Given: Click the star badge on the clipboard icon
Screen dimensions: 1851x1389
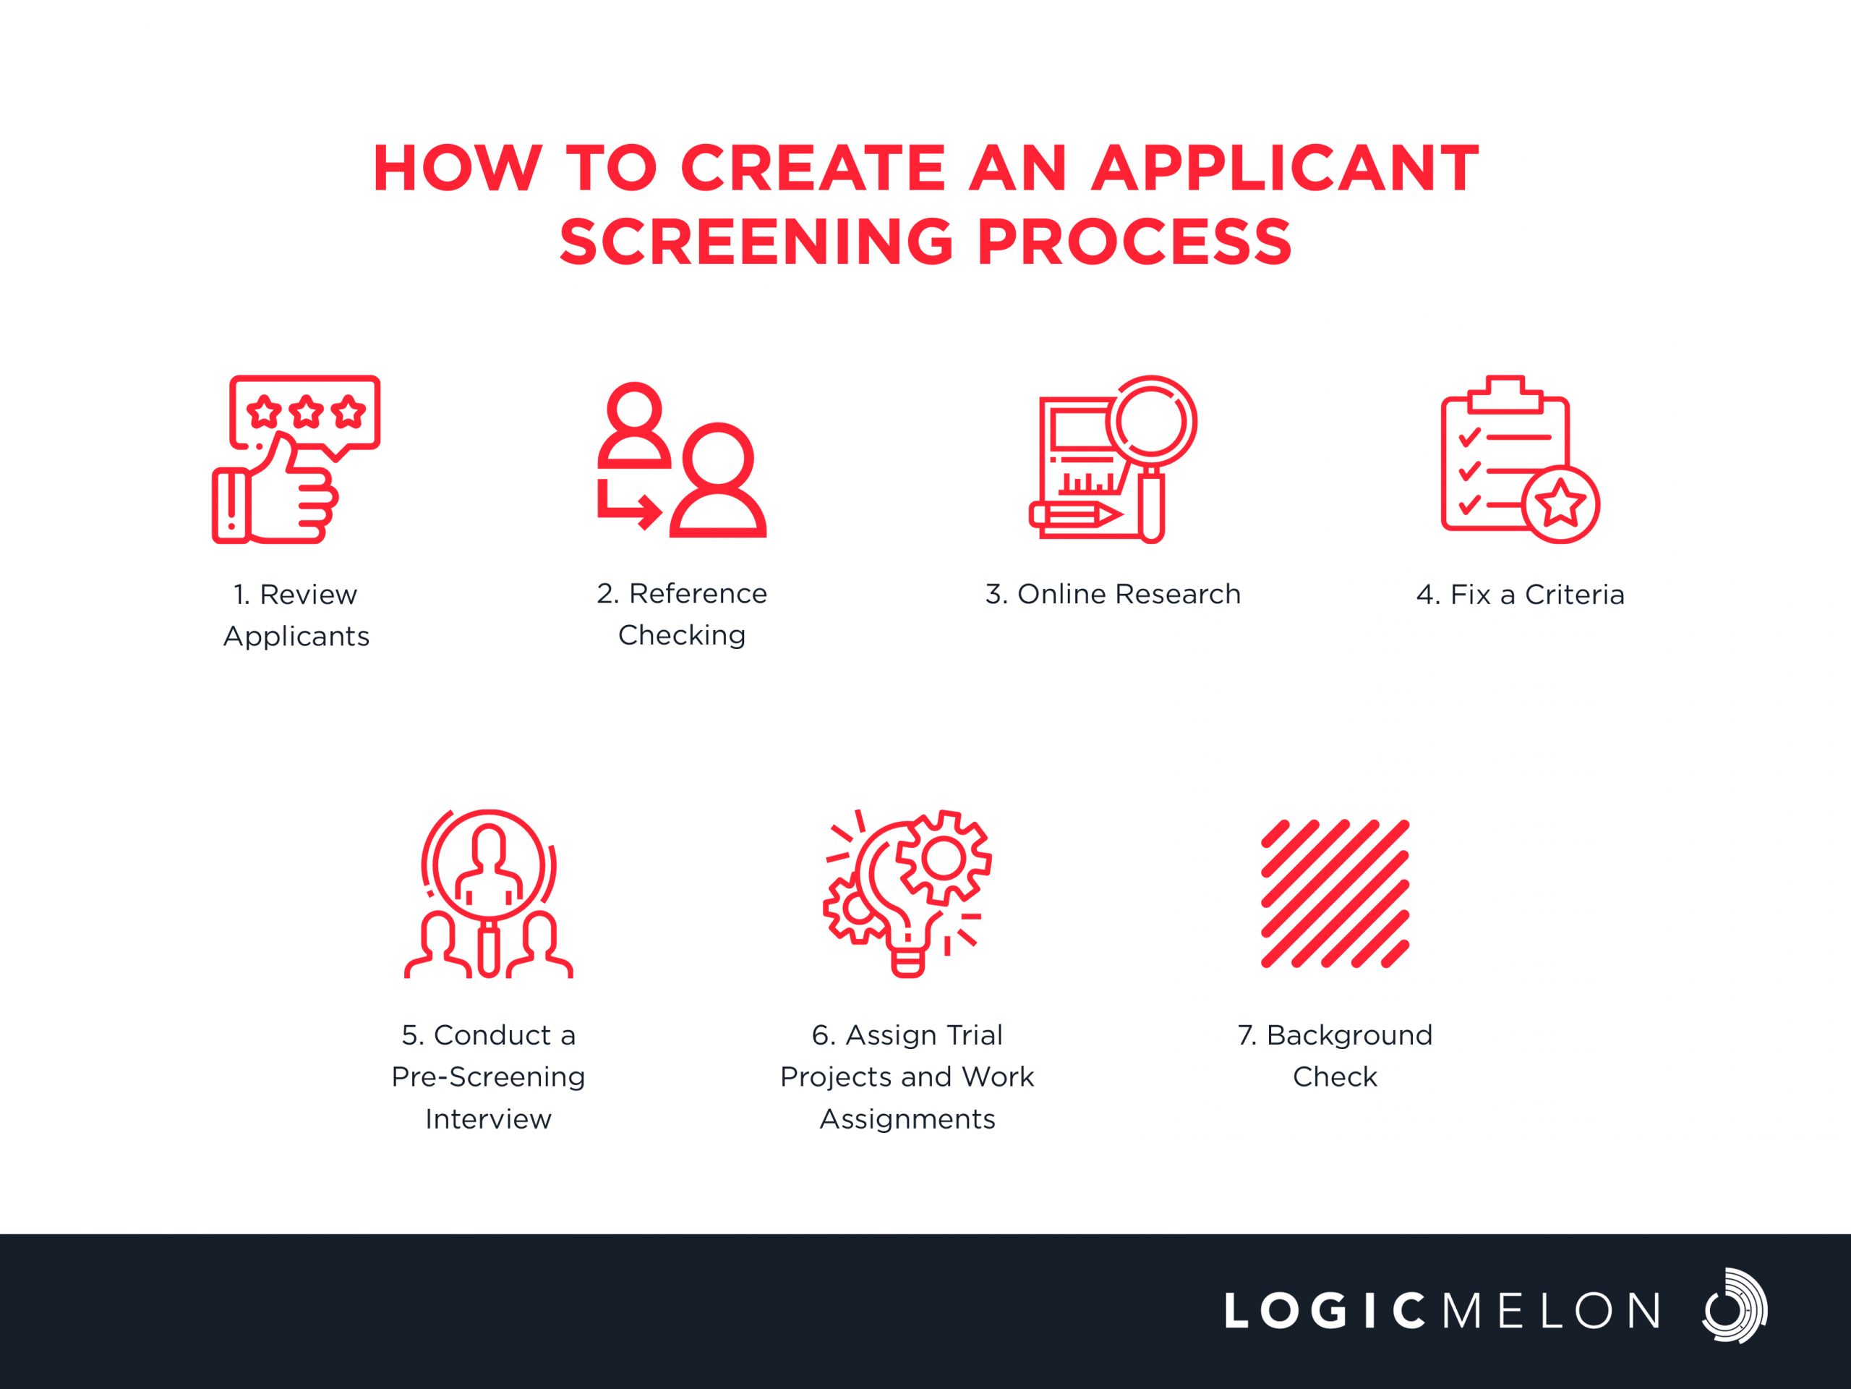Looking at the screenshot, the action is tap(1562, 505).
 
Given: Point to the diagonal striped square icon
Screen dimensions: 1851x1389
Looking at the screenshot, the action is tap(1335, 894).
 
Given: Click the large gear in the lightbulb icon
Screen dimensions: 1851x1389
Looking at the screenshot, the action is tap(943, 857).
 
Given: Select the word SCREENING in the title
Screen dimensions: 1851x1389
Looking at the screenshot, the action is tap(756, 242).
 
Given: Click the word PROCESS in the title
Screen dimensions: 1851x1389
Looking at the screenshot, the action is tap(1134, 242).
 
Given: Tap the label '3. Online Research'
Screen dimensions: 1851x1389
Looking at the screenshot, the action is tap(1113, 595).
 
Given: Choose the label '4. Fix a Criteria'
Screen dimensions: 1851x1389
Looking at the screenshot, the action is tap(1521, 595).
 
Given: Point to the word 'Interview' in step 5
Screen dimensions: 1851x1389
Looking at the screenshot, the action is tap(489, 1119).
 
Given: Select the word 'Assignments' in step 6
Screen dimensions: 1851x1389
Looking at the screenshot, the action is tap(908, 1120).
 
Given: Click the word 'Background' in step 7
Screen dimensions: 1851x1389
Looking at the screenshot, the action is tap(1350, 1037).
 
